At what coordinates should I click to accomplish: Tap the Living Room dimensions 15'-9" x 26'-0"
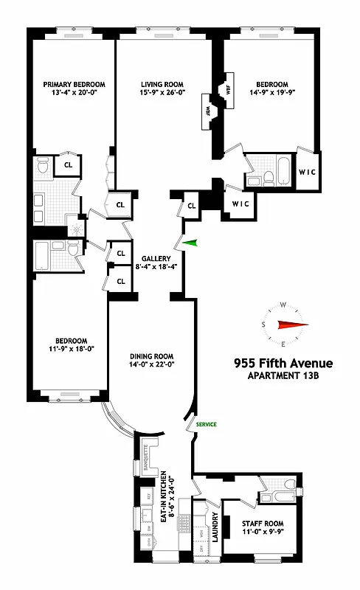(x=162, y=94)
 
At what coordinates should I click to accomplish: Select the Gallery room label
(x=156, y=258)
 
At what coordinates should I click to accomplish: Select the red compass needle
(x=291, y=324)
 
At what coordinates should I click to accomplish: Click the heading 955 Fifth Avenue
(x=283, y=363)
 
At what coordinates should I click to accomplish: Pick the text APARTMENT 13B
(x=283, y=377)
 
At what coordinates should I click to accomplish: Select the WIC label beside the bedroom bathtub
(x=306, y=173)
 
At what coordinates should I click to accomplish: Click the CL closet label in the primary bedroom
(x=68, y=166)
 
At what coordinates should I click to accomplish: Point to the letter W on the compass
(x=283, y=304)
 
